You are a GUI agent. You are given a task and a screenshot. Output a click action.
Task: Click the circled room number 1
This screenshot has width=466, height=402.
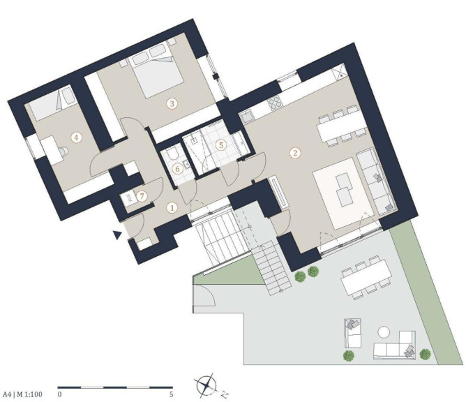click(x=172, y=208)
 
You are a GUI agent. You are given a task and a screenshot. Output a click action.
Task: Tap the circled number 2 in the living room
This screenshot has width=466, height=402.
click(x=295, y=153)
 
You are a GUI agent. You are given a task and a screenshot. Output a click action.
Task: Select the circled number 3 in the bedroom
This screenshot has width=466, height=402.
click(x=172, y=103)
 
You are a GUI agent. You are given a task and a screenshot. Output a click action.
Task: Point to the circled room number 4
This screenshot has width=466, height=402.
click(x=76, y=137)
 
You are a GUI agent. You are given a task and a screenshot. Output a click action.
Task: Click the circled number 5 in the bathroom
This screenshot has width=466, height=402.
click(x=221, y=145)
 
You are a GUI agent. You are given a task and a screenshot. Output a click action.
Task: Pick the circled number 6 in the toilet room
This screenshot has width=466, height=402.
click(x=177, y=169)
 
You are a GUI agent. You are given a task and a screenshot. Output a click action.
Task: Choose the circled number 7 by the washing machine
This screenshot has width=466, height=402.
click(x=142, y=196)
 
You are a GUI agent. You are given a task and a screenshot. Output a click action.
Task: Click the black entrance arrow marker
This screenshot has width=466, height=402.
click(x=118, y=235)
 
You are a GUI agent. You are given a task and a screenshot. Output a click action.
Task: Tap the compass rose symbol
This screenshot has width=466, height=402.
click(x=206, y=385)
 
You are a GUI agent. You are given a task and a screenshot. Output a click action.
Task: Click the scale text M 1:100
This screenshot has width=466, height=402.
click(x=29, y=394)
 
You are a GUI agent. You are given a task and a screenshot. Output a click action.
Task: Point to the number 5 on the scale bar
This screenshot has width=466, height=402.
click(x=171, y=395)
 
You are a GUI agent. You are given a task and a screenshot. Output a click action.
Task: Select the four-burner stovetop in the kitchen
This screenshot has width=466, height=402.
click(x=275, y=103)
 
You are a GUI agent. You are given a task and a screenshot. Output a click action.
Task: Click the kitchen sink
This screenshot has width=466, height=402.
click(x=247, y=117)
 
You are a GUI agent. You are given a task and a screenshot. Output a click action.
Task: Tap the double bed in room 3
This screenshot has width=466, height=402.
click(x=156, y=70)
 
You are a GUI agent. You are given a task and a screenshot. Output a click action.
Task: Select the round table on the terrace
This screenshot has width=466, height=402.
click(x=384, y=332)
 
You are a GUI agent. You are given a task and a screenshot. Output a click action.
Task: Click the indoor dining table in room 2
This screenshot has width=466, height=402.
click(x=342, y=126)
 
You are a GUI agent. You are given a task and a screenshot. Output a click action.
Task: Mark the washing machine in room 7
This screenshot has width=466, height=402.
click(x=128, y=199)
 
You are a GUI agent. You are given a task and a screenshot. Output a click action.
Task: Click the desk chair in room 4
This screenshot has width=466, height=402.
click(x=63, y=151)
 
